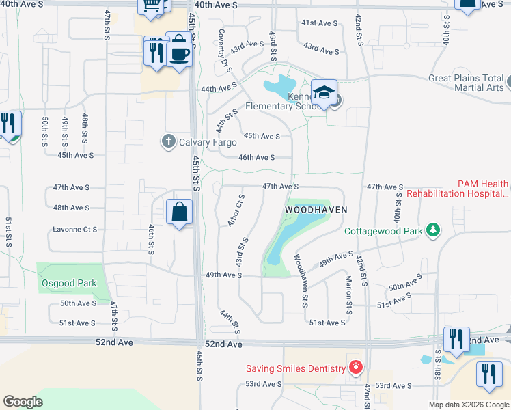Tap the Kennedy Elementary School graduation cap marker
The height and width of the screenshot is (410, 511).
324,93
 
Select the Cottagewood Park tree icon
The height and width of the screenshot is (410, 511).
432,231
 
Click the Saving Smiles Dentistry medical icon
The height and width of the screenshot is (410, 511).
355,368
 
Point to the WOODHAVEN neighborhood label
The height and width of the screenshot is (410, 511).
316,210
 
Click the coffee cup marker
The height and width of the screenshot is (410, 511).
180,53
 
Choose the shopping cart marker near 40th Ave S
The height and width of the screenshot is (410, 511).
151,6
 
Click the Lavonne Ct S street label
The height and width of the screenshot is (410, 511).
74,230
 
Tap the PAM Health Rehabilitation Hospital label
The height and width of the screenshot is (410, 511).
457,189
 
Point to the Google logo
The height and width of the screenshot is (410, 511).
23,402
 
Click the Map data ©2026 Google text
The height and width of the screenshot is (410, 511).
468,405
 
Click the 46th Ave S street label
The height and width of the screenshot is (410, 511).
256,157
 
